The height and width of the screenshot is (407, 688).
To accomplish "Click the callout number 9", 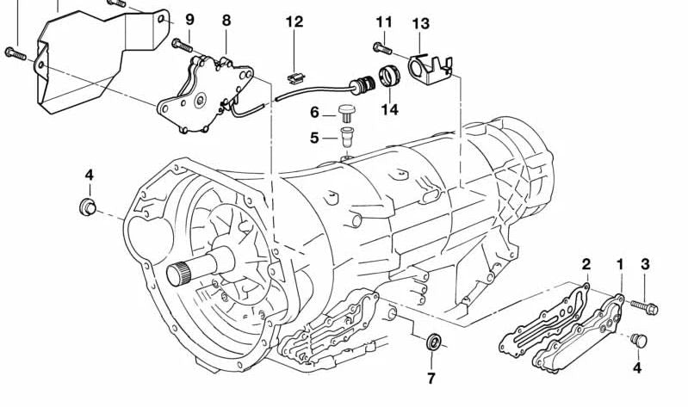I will click(189, 19).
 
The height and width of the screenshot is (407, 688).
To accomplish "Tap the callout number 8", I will click(226, 19).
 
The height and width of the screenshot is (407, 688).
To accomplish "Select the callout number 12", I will click(294, 22).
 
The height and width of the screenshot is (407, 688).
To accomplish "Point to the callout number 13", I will click(420, 23).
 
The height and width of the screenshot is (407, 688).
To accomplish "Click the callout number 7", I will click(431, 378).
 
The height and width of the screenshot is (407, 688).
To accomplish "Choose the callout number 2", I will click(586, 264).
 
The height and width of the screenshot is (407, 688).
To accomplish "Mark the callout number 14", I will click(390, 109).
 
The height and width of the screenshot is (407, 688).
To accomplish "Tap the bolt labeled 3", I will click(645, 305).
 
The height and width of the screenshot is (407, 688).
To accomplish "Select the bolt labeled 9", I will click(182, 44).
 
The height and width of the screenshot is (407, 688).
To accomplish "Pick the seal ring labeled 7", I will click(435, 343).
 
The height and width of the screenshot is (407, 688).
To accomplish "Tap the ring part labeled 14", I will click(390, 76).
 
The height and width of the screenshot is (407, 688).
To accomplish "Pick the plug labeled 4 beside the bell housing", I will click(87, 207).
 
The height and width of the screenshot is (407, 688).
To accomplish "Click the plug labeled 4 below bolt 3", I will click(638, 341).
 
